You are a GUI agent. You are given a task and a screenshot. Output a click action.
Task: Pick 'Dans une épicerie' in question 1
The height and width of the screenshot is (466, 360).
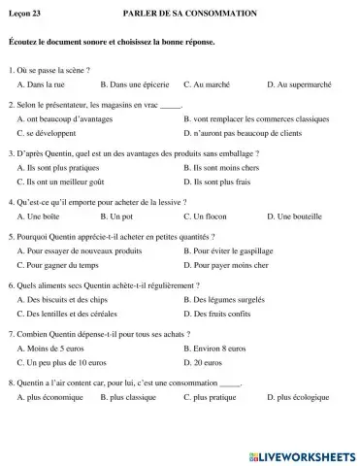135,85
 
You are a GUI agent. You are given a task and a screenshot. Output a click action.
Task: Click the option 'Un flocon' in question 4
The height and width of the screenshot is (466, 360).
210,216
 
